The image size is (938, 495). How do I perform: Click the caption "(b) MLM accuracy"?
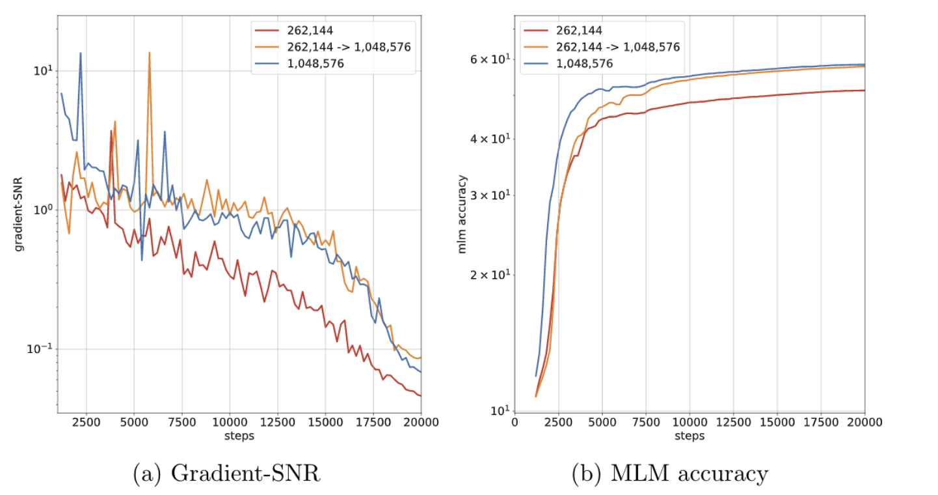pos(669,474)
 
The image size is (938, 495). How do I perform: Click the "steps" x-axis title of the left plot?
pos(239,436)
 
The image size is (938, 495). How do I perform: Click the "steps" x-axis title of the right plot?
pos(689,436)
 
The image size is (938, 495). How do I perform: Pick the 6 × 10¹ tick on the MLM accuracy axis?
pos(492,59)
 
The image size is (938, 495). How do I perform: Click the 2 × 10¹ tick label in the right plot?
pos(492,275)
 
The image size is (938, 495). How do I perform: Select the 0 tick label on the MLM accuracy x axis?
pos(515,422)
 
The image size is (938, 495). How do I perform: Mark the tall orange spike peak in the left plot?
pos(149,53)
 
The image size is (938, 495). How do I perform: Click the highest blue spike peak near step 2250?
pos(81,53)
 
